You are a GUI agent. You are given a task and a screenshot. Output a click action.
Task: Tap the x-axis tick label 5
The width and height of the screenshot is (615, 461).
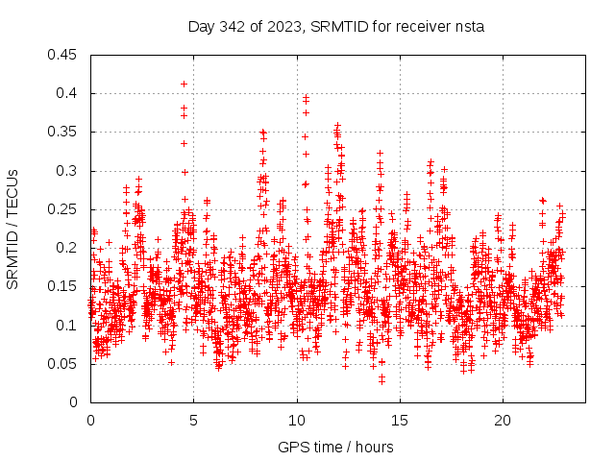pyautogui.click(x=193, y=421)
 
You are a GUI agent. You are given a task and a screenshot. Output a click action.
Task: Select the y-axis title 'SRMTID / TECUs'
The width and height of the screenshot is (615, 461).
pyautogui.click(x=12, y=229)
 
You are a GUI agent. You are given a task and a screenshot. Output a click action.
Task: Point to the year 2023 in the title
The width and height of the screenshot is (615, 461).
pyautogui.click(x=285, y=26)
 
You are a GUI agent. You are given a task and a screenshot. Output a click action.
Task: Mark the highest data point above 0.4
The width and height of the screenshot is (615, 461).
pyautogui.click(x=184, y=84)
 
